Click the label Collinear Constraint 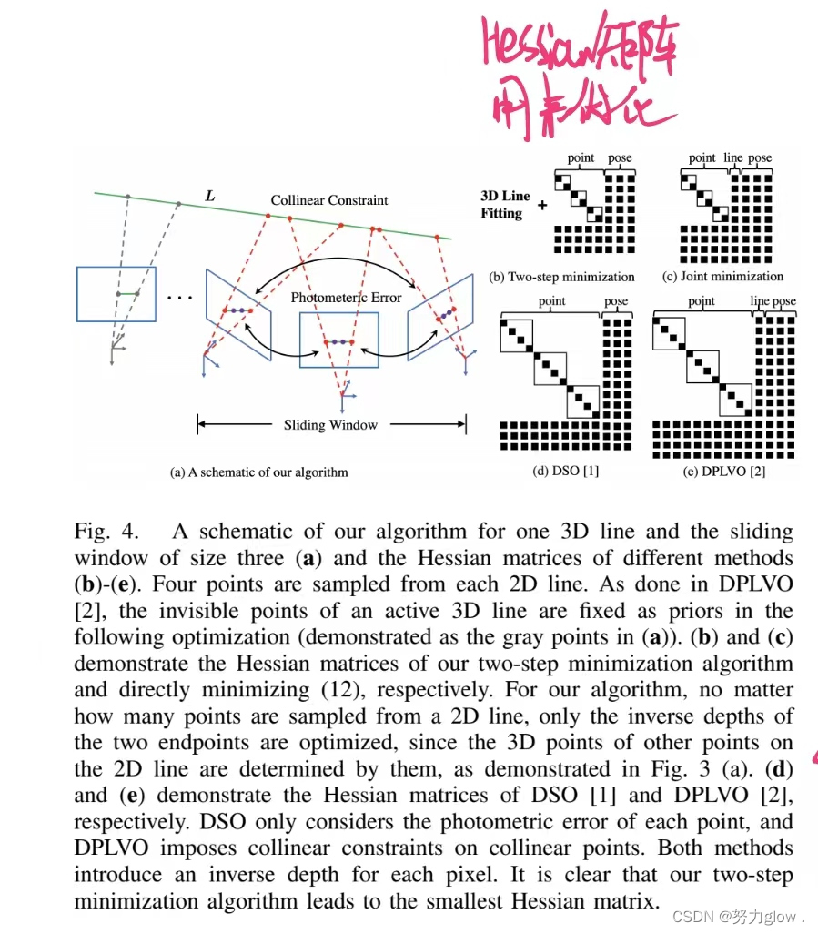coord(329,200)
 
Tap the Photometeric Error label coord(346,298)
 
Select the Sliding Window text coord(329,424)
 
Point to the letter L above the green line coord(210,196)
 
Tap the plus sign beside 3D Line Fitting coord(542,206)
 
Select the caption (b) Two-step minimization coord(561,276)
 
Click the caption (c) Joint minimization coord(722,276)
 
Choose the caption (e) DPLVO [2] coord(723,470)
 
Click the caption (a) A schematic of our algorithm coord(259,472)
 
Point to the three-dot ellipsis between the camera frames coord(180,298)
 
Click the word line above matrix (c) coord(733,157)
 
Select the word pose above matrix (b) coord(620,157)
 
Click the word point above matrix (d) coord(551,301)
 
